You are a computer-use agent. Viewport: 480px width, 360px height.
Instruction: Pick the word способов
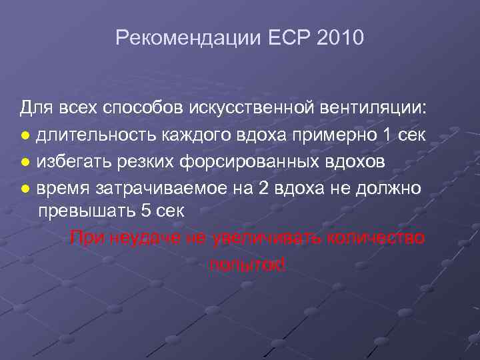[x=137, y=107]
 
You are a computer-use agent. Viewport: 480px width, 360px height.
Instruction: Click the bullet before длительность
[x=25, y=136]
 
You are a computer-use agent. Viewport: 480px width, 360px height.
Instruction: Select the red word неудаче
[x=141, y=237]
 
